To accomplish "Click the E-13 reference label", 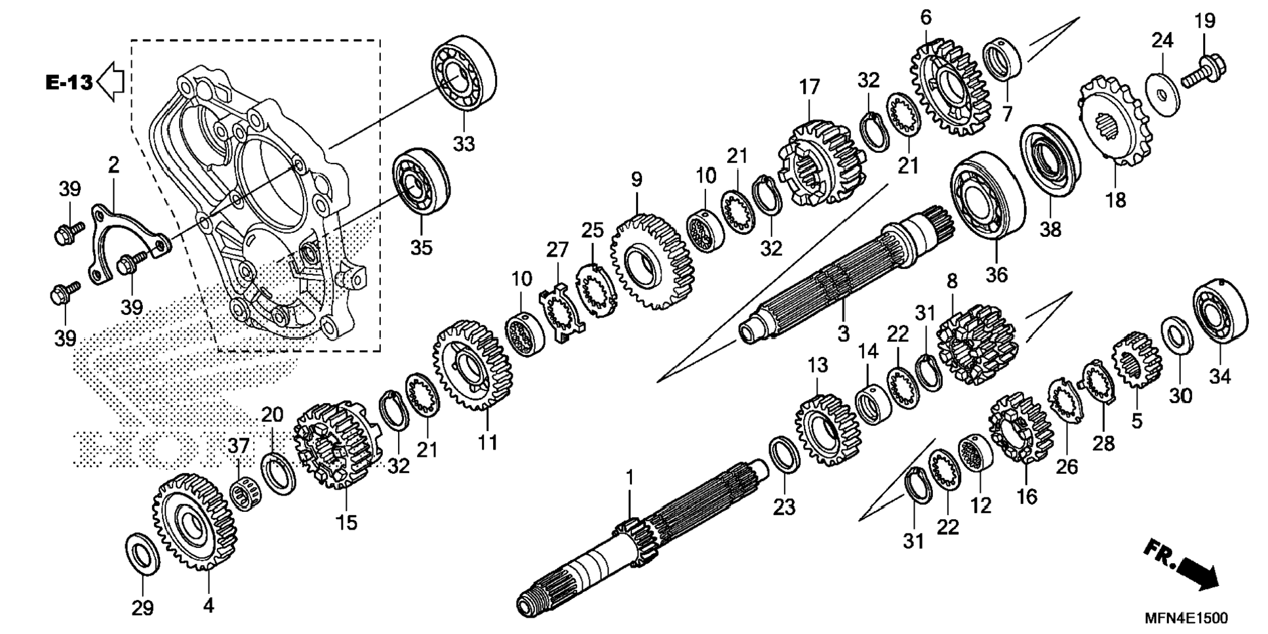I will coord(68,83).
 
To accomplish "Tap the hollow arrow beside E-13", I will coord(111,81).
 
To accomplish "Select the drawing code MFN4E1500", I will coord(1186,618).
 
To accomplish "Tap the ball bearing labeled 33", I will coord(463,72).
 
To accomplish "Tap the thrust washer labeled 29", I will coord(142,555).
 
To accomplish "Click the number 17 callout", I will coord(810,87).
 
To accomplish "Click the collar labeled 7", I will coord(1002,60).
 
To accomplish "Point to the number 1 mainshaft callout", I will coord(629,478).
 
